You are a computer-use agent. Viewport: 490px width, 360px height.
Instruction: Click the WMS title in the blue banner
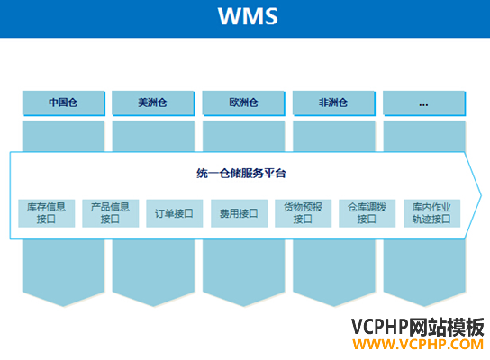point(248,16)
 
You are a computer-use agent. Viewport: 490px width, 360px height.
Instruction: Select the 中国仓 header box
point(63,103)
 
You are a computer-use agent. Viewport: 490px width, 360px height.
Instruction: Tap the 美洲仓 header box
point(153,103)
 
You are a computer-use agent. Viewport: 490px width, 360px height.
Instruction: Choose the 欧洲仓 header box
point(243,103)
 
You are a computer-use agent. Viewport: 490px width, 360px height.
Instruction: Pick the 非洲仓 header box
point(333,103)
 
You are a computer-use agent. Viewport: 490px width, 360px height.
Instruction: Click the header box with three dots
point(424,103)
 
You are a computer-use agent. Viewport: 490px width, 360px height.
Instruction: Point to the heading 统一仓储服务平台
point(241,174)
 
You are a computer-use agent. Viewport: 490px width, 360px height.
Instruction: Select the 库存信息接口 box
point(47,213)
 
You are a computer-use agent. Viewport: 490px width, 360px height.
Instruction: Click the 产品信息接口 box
point(110,213)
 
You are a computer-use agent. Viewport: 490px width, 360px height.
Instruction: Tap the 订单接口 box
point(175,213)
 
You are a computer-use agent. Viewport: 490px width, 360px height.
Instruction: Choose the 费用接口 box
point(239,213)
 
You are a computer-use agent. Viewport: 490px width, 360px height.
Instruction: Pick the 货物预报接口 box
point(304,213)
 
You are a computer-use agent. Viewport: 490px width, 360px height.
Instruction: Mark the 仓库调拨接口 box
point(367,213)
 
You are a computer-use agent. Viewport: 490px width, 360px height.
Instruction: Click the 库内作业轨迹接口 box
point(431,213)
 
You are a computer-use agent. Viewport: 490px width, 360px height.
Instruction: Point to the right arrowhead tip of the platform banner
point(481,196)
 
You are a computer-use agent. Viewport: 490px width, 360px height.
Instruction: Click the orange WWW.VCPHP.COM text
point(418,345)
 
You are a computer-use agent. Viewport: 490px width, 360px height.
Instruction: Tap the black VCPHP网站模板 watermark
point(418,328)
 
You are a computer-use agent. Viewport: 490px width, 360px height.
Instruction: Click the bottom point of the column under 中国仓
point(63,306)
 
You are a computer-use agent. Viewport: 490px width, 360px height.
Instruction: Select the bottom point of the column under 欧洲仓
point(244,306)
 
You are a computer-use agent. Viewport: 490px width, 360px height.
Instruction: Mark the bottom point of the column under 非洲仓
point(334,306)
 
